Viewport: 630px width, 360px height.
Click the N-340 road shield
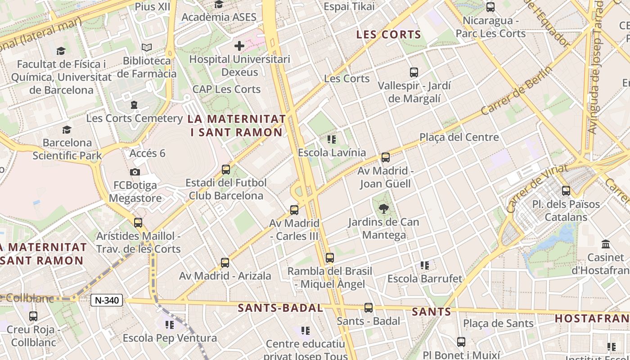pos(107,300)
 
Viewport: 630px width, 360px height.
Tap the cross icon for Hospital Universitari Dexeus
pos(239,45)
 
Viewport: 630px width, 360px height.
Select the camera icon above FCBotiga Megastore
pos(135,172)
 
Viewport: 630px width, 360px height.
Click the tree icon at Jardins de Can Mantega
pos(383,208)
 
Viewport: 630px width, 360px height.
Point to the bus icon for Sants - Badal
pos(369,308)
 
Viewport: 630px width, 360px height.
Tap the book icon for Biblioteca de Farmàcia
pos(147,47)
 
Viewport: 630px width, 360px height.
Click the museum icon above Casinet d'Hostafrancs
pos(606,244)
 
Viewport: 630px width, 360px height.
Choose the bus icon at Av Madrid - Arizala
pos(225,263)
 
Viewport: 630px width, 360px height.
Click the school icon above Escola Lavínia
pos(332,139)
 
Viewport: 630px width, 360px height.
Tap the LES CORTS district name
pos(388,35)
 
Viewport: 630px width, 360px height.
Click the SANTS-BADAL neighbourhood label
pos(280,308)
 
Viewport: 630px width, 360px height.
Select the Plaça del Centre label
pos(459,137)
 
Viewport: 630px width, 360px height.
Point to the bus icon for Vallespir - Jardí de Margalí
pos(414,72)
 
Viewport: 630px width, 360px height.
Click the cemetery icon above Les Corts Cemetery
pos(134,105)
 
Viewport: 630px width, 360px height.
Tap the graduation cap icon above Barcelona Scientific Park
pos(67,130)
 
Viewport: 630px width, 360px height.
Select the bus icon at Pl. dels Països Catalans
pos(566,191)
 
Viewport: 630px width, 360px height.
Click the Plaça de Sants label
pos(498,323)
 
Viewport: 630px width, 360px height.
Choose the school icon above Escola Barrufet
pos(424,265)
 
